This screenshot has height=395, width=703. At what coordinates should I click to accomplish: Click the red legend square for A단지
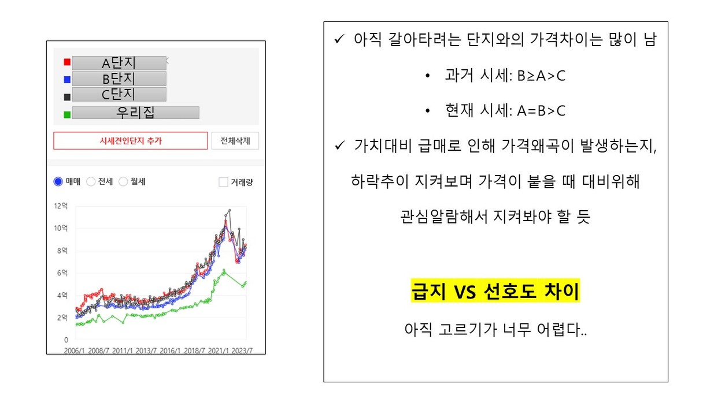click(x=67, y=62)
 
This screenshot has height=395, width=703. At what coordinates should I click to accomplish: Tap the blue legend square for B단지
click(x=67, y=80)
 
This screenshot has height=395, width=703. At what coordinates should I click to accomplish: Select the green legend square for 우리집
click(x=67, y=115)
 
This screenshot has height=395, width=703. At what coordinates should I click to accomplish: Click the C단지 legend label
click(x=119, y=94)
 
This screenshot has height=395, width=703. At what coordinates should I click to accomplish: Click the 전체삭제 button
click(x=235, y=141)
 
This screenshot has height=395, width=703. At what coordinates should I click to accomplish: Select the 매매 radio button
click(x=58, y=181)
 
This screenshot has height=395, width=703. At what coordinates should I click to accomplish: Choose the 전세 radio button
click(x=91, y=181)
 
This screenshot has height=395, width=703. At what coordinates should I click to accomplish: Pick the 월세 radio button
click(x=123, y=181)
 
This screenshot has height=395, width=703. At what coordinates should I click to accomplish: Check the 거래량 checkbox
click(x=223, y=182)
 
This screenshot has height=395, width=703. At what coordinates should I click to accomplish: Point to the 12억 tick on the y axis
click(x=61, y=206)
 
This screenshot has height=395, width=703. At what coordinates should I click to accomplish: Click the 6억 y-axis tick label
click(x=62, y=273)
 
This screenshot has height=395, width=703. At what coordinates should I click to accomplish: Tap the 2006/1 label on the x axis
click(x=75, y=351)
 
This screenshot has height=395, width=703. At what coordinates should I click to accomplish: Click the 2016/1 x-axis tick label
click(x=170, y=351)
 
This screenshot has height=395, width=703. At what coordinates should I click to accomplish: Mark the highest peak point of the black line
click(x=230, y=210)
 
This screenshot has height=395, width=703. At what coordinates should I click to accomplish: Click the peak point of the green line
click(x=224, y=270)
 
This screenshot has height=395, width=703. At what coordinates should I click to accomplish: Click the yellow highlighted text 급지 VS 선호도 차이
click(x=495, y=290)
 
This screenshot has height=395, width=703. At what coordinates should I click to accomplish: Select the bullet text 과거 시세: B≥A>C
click(x=505, y=76)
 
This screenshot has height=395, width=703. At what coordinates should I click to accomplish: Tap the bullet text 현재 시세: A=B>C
click(x=505, y=111)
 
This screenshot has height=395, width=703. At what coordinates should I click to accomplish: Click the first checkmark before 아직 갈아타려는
click(x=339, y=39)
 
